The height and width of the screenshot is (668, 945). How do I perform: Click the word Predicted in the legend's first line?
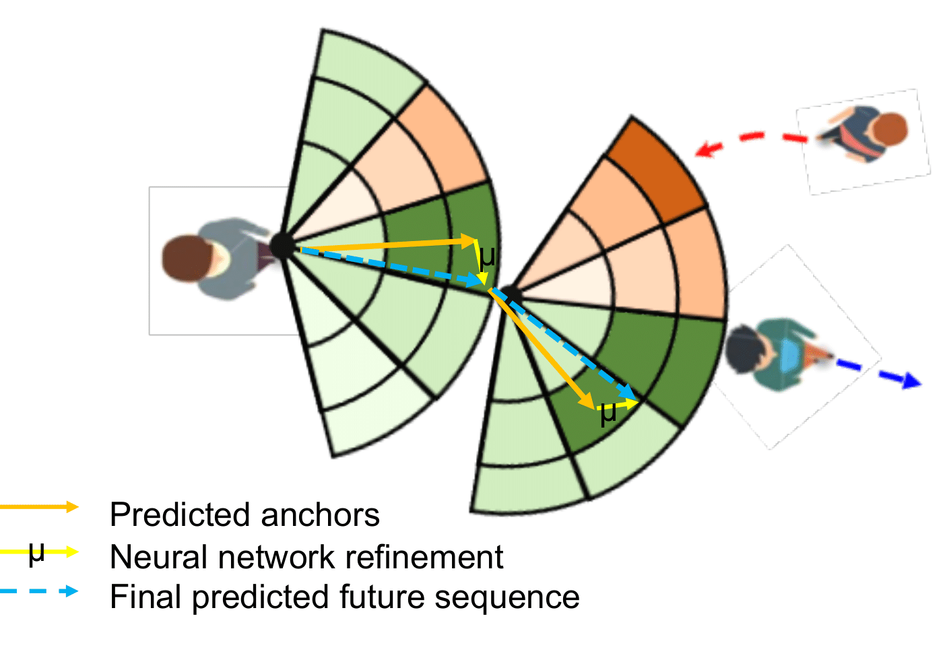point(180,515)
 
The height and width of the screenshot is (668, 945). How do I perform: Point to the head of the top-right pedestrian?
point(890,131)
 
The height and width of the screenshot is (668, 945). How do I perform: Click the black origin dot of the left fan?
point(282,246)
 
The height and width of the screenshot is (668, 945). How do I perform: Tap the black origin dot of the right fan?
point(510,294)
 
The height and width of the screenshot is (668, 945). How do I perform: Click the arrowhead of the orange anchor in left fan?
point(471,240)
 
